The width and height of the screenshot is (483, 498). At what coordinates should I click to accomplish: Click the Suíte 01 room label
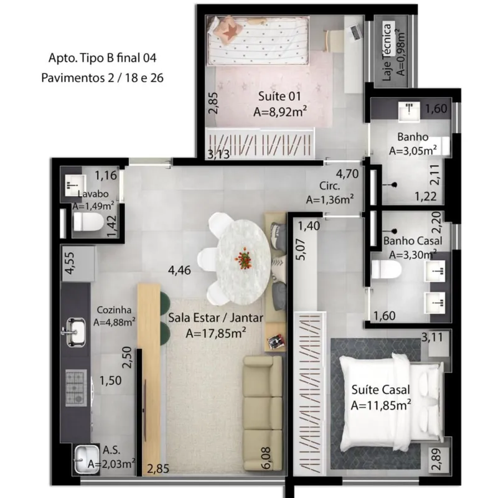279,96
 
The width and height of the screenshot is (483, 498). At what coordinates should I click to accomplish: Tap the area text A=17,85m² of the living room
215,334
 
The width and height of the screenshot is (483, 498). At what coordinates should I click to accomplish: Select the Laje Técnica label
387,52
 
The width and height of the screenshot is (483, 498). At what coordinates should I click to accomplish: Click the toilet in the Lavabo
88,222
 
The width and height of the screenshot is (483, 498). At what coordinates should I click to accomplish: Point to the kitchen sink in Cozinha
74,332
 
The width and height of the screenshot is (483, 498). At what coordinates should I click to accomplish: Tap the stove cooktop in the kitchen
76,388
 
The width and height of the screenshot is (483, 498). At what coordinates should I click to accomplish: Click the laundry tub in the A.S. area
86,459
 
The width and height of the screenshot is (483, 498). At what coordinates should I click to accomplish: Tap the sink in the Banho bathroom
410,111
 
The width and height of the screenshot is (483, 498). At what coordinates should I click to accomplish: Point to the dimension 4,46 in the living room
179,270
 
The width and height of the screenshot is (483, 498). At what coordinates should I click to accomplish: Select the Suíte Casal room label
380,390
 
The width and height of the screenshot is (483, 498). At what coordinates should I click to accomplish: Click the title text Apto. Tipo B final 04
102,58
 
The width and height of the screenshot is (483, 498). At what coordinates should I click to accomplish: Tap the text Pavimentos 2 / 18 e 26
102,78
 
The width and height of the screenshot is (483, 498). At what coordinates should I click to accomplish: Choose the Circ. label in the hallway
330,186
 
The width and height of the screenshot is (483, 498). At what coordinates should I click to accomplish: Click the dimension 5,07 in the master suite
301,250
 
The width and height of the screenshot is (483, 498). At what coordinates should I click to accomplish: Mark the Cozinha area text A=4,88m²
115,322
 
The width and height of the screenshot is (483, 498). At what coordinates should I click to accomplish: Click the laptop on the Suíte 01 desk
356,32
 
